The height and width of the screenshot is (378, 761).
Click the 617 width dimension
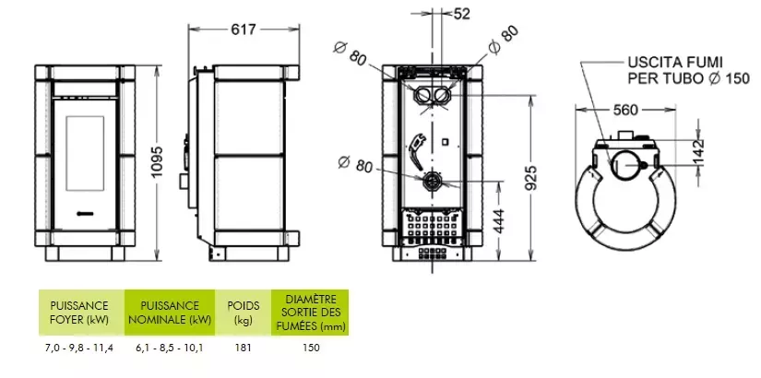[244, 30]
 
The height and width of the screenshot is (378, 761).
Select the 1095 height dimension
[158, 162]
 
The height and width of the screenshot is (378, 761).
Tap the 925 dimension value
[532, 179]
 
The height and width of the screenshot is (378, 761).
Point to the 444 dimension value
[499, 220]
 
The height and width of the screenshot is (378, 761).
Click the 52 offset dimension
[461, 14]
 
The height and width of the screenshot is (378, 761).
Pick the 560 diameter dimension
[625, 111]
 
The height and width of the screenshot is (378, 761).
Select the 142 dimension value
[698, 152]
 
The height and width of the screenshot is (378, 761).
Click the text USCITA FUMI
[675, 63]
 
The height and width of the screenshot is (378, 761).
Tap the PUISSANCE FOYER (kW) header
[79, 313]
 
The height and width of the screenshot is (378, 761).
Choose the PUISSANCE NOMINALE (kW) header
[170, 313]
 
